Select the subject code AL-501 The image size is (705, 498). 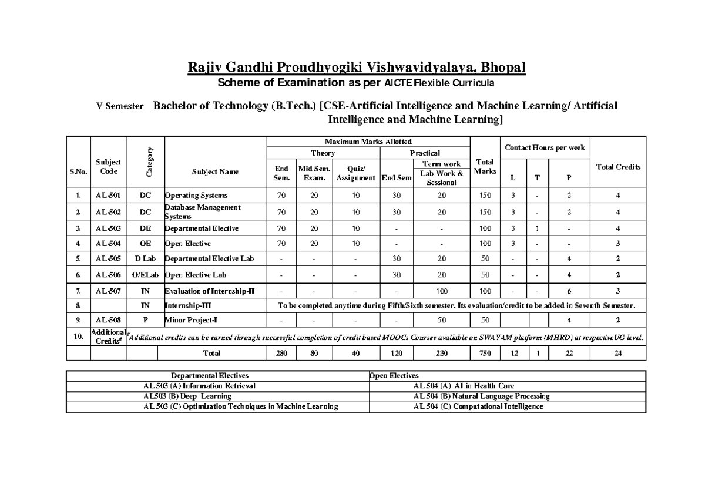(108, 196)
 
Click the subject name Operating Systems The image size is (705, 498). (196, 196)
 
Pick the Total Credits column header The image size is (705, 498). (618, 167)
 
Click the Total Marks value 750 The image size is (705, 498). (485, 353)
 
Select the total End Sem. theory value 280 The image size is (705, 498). (281, 353)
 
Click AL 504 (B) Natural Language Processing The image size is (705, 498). (481, 396)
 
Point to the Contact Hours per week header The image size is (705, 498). (545, 148)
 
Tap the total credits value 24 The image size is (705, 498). (618, 353)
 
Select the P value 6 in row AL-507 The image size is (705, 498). (569, 291)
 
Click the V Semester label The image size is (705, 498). (120, 107)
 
